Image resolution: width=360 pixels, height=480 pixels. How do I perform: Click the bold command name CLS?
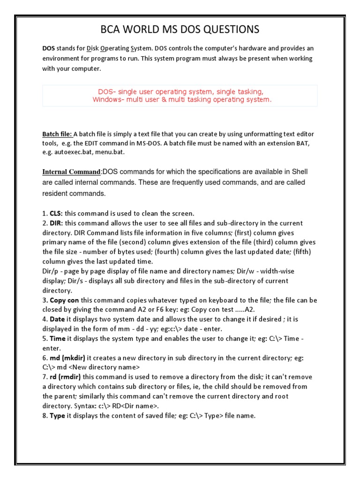click(56, 213)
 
